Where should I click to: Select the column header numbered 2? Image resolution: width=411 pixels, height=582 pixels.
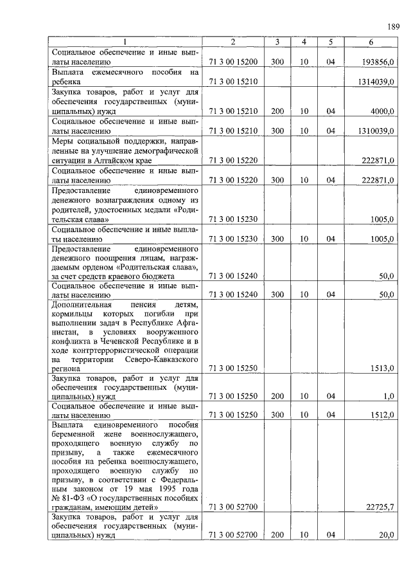point(233,42)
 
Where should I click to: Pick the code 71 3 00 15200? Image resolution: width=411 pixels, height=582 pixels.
point(233,62)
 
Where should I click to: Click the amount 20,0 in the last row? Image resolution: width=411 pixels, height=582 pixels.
point(385,535)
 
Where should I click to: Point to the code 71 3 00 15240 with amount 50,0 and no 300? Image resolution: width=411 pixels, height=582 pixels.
point(233,276)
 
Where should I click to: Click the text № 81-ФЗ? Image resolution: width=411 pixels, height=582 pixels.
point(66,498)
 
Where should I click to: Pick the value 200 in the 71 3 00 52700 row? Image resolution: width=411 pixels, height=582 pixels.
point(277,535)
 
